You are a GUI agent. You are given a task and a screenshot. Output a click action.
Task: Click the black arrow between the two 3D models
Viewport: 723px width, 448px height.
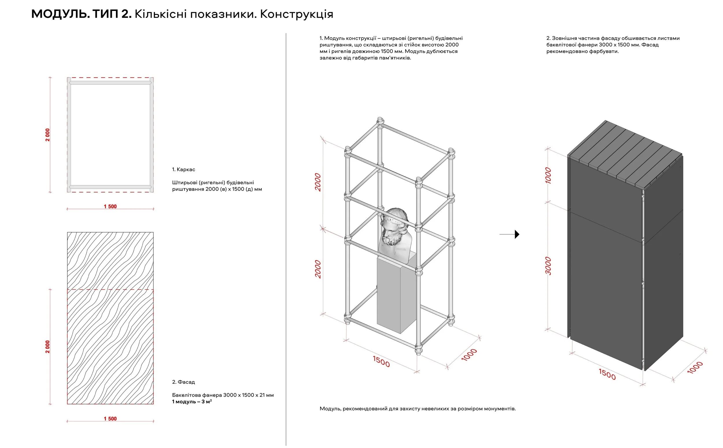click(517, 234)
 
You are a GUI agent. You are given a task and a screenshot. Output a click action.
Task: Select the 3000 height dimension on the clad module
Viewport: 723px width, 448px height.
click(548, 266)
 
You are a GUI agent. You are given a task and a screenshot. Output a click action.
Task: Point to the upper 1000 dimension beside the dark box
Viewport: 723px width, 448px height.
click(548, 176)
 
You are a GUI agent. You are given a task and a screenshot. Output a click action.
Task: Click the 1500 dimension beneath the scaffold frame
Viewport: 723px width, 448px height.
click(381, 361)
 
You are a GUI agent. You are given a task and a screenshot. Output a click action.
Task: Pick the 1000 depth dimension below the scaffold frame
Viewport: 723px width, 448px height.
click(469, 355)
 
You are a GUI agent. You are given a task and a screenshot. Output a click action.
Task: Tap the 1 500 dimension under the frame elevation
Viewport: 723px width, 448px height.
click(110, 206)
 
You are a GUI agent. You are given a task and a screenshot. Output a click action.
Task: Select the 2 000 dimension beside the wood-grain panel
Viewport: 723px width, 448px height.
click(47, 347)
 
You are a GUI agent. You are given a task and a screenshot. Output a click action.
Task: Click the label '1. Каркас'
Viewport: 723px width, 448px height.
click(183, 169)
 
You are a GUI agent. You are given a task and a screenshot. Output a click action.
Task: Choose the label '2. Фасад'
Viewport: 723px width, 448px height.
click(183, 382)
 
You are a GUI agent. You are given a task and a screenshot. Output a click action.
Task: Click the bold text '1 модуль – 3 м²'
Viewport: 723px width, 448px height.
click(192, 402)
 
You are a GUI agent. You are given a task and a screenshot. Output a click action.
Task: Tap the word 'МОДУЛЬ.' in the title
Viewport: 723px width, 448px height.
click(60, 14)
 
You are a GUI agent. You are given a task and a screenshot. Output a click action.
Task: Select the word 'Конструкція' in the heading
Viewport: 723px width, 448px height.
click(296, 14)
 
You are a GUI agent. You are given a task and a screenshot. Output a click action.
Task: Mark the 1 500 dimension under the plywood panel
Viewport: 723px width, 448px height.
click(110, 419)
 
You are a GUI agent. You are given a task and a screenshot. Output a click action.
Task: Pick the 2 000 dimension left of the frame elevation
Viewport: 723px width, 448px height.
click(47, 135)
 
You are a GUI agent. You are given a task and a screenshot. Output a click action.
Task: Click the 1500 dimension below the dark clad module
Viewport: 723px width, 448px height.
click(607, 374)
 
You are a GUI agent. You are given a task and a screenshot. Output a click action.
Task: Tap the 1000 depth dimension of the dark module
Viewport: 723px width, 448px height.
click(695, 367)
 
